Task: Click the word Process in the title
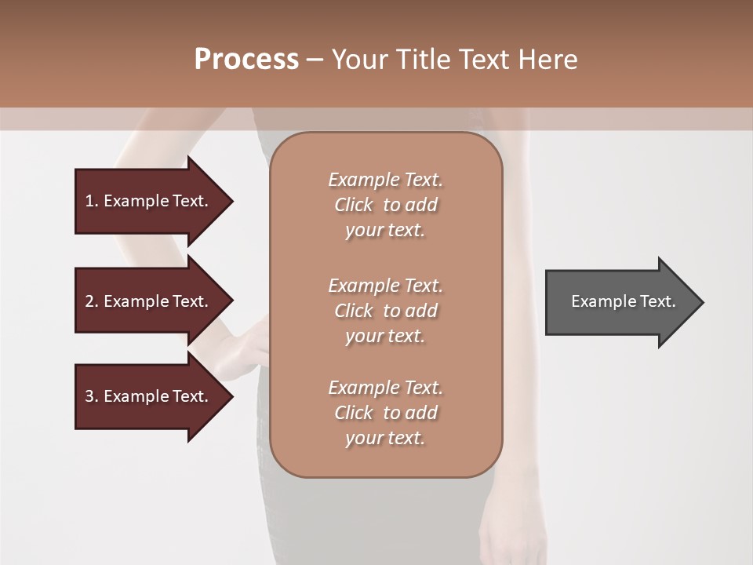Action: click(246, 60)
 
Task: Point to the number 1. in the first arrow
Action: click(92, 201)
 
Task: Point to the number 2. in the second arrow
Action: click(92, 301)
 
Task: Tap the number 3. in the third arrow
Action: click(92, 396)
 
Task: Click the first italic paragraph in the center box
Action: click(385, 205)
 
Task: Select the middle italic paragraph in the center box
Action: click(385, 311)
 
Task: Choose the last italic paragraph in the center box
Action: click(385, 413)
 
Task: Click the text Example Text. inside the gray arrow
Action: click(624, 301)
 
